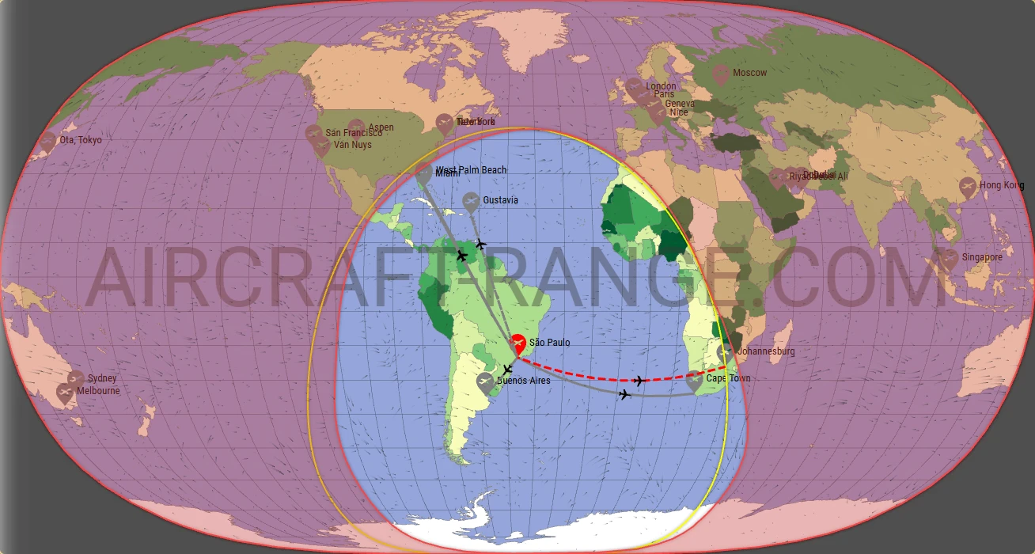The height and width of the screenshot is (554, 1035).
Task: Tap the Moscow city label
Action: (749, 73)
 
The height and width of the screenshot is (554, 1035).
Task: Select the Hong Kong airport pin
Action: (967, 187)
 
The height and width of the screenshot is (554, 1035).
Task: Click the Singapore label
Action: (982, 257)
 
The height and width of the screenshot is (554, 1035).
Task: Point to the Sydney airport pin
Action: (76, 379)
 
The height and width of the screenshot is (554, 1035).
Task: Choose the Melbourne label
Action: (99, 391)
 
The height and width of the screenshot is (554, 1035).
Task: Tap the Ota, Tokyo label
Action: (81, 140)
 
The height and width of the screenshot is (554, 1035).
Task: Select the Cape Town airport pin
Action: (695, 381)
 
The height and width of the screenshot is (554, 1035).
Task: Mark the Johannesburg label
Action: (765, 351)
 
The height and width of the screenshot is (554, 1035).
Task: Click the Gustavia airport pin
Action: (471, 202)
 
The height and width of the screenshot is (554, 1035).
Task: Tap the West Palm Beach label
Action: (471, 170)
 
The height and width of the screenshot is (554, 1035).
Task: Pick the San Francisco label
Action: (354, 134)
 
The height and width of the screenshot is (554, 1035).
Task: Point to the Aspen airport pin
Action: (357, 127)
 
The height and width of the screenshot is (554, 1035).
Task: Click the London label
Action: (662, 86)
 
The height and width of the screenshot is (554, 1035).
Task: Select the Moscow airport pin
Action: (720, 74)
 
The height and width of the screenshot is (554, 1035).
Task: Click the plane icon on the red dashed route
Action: (639, 381)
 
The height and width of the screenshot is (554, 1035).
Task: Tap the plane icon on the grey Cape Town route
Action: (625, 394)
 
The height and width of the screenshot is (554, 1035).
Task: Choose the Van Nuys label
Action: (352, 145)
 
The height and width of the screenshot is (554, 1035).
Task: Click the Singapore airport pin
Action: (948, 258)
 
